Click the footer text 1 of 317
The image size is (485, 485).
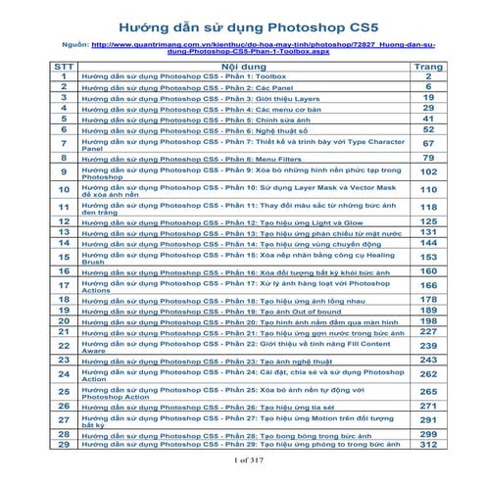pyautogui.click(x=242, y=460)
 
